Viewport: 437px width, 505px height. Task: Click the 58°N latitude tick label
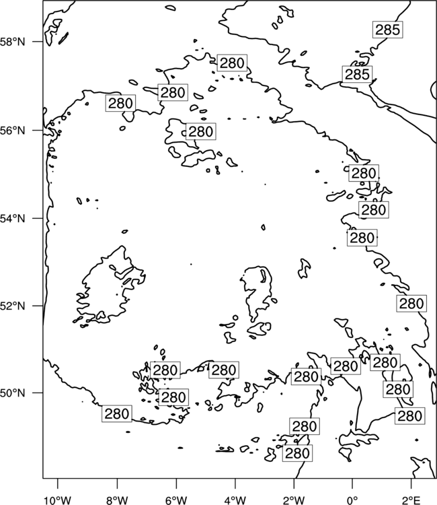click(x=13, y=42)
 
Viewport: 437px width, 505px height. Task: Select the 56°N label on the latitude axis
click(x=13, y=131)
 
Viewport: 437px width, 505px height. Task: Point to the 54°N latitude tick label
click(x=13, y=218)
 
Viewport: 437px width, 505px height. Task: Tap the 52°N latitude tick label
click(x=13, y=306)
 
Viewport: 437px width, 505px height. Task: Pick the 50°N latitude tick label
click(x=13, y=393)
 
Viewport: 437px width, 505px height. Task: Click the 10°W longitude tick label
click(x=58, y=500)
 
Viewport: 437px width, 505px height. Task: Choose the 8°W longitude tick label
click(x=117, y=500)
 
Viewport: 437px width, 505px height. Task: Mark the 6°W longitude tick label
click(x=176, y=500)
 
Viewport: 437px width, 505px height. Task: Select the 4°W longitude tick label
click(x=235, y=500)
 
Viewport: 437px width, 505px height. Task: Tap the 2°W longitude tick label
click(x=294, y=500)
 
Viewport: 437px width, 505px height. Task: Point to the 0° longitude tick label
click(x=353, y=500)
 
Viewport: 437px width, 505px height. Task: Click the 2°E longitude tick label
click(x=411, y=500)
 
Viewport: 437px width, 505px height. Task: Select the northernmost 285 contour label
click(x=388, y=30)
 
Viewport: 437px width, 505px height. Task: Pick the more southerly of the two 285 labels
click(x=357, y=74)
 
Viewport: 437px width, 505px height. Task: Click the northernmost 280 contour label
click(x=232, y=63)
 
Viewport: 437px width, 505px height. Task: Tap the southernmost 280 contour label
click(x=297, y=453)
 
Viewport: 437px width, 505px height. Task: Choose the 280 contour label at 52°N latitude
click(x=411, y=304)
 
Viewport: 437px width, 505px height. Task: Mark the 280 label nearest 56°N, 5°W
click(x=201, y=131)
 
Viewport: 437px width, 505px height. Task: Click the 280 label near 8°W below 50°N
click(x=117, y=413)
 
